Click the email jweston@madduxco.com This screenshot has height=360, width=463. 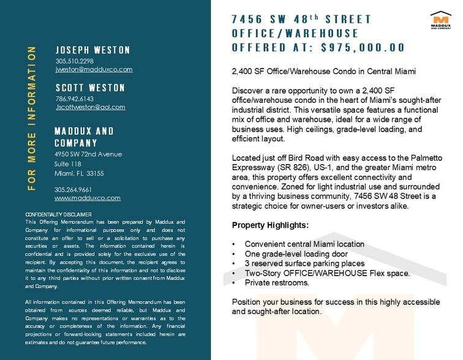point(94,70)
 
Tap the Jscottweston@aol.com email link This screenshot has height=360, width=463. point(90,107)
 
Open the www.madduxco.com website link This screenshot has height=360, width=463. point(87,198)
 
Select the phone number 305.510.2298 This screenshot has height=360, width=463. point(74,61)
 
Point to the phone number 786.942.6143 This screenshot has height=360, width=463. point(74,99)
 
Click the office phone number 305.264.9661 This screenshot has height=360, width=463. point(73,189)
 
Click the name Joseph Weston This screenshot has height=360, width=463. point(92,50)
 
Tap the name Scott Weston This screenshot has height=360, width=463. point(90,88)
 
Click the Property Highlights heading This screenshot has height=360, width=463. point(270,225)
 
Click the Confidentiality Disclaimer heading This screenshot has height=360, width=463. point(58,214)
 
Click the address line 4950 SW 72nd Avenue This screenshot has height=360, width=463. point(88,154)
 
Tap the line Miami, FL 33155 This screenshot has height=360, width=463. point(79,173)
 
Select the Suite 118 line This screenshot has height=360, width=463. point(67,164)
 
